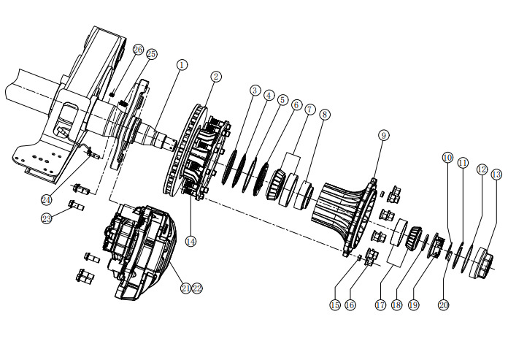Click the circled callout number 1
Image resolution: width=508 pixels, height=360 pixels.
(182, 65)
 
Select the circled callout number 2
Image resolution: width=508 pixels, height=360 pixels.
(216, 77)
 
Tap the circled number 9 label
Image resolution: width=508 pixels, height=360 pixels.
(384, 135)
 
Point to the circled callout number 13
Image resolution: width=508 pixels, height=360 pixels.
(496, 175)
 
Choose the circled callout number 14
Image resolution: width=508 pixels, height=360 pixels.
(190, 241)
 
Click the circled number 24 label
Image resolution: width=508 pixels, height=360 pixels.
(46, 200)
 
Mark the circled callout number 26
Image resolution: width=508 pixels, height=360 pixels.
(138, 50)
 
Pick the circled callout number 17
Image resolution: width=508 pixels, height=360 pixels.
(381, 305)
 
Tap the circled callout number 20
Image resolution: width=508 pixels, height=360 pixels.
(444, 305)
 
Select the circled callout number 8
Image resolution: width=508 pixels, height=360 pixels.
(325, 115)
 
